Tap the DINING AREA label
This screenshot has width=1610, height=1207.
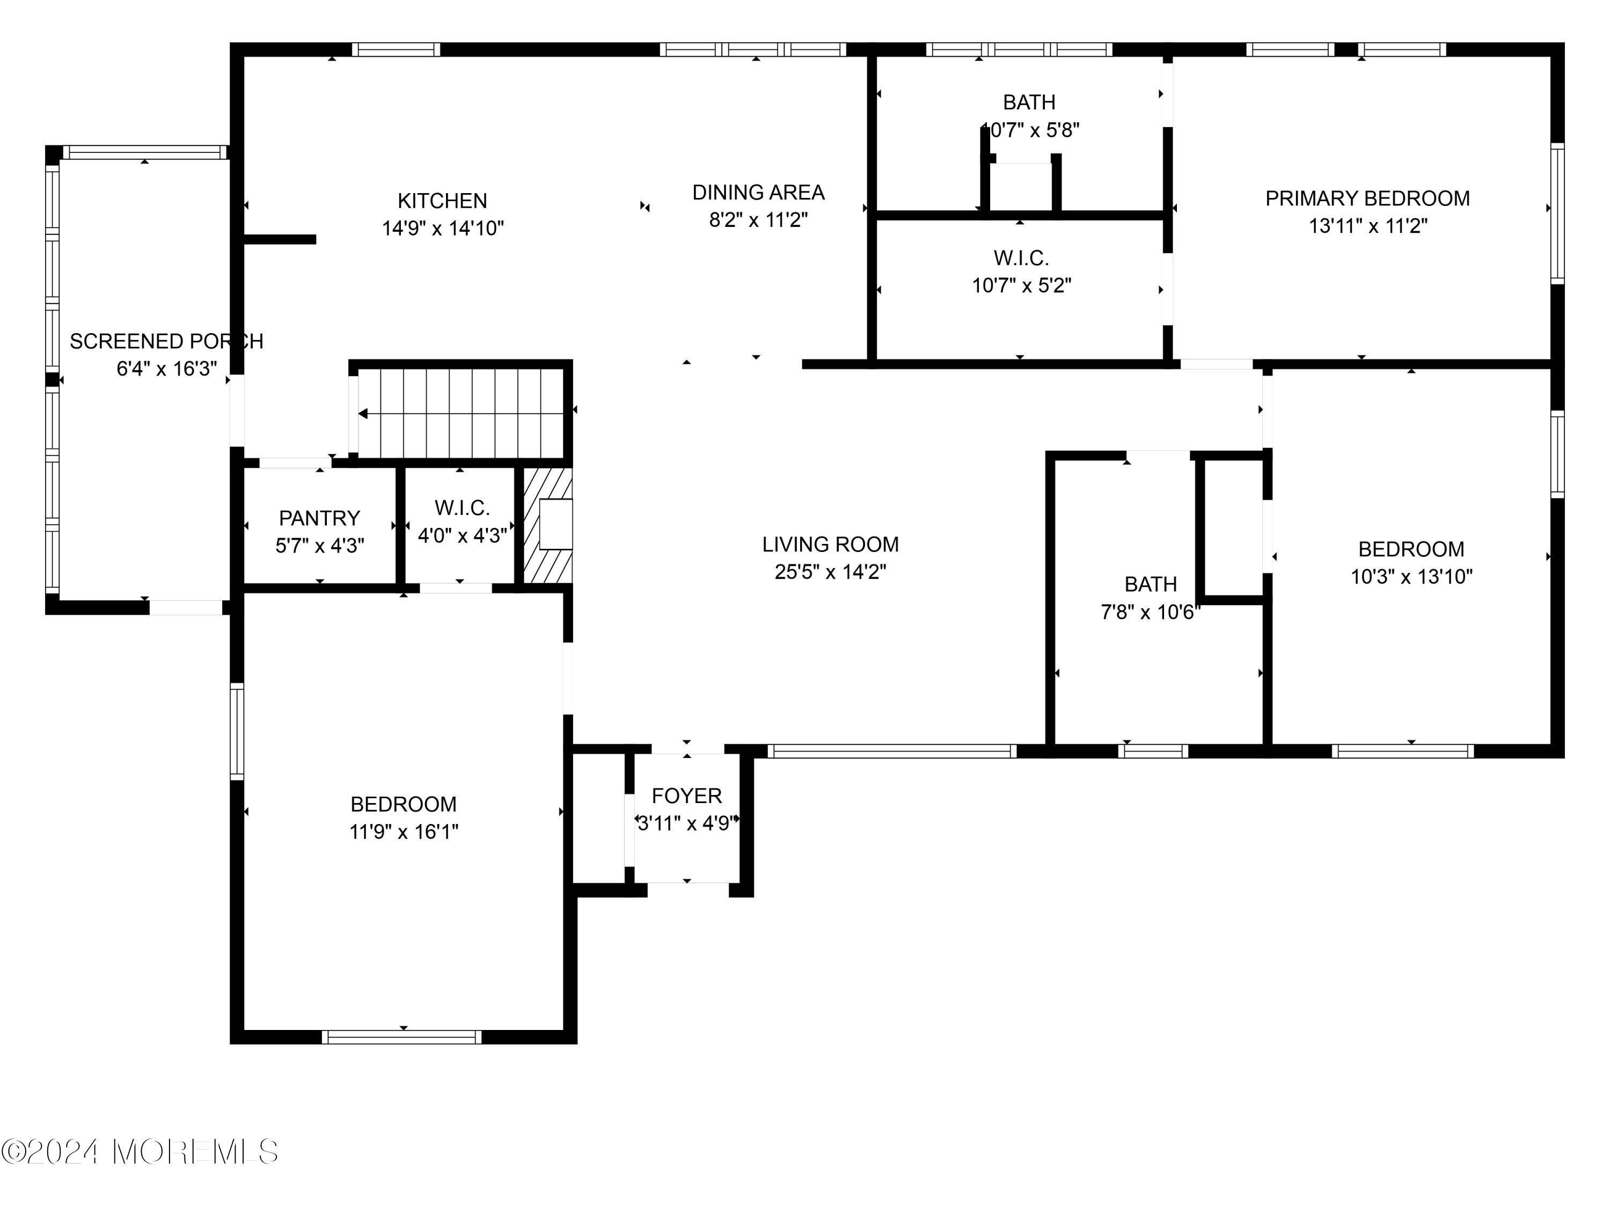pos(758,193)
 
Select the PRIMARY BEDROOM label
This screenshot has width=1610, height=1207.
pos(1367,198)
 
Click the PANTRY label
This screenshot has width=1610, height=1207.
pos(319,518)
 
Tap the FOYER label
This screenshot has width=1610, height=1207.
pos(686,796)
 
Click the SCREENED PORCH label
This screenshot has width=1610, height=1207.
pos(167,341)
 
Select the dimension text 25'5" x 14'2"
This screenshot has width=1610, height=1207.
pos(830,572)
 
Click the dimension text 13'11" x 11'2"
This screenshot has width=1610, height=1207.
pos(1367,226)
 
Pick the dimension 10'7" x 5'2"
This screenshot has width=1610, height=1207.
pos(1021,286)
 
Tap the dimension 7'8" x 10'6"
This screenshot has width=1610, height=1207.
pos(1150,613)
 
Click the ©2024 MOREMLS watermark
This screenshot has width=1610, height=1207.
pos(139,1152)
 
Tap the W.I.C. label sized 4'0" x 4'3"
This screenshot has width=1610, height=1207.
pos(462,508)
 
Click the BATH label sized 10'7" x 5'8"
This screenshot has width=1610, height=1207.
pos(1029,102)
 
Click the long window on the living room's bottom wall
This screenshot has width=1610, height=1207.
pos(891,752)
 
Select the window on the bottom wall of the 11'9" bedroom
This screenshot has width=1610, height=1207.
pos(402,1037)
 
